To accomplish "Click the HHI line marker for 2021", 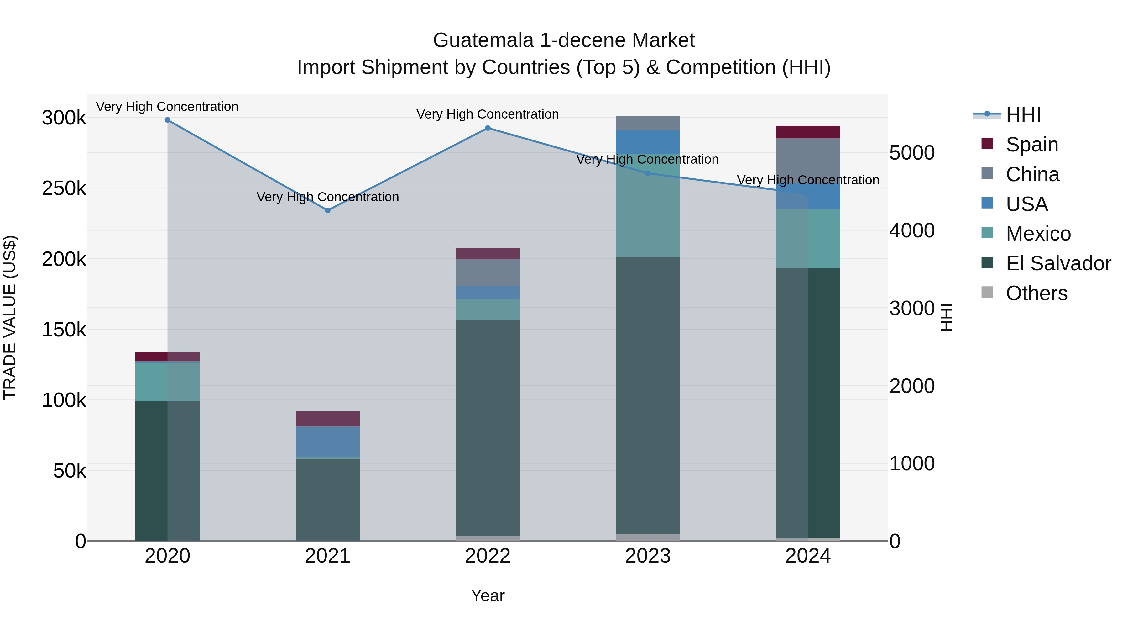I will [x=327, y=210].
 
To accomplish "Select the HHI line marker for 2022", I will [x=488, y=128].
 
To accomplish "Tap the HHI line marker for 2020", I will [x=167, y=120].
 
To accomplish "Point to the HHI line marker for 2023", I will [x=648, y=173].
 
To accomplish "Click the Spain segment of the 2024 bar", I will [x=808, y=132].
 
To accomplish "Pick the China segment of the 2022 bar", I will [x=488, y=273].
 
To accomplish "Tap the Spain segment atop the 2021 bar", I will [x=327, y=419].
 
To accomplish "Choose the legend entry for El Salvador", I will [x=1058, y=263].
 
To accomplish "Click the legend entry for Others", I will [x=1036, y=293].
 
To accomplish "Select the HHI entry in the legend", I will [x=1023, y=115].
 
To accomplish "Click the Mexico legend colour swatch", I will [x=987, y=233].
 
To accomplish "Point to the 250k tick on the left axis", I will [x=64, y=188].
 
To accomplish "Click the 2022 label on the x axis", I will [x=488, y=556].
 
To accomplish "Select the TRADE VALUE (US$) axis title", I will [x=10, y=317].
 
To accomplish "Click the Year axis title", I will [x=488, y=595].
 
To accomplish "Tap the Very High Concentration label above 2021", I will [x=327, y=197].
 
